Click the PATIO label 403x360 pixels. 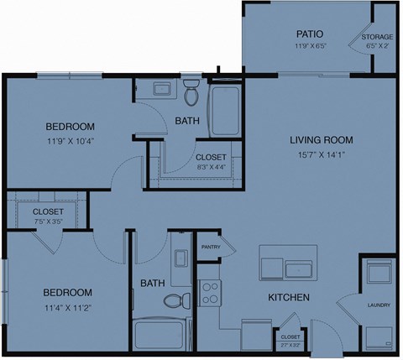click(304, 34)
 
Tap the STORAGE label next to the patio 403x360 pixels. click(378, 38)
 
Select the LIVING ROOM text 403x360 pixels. click(321, 139)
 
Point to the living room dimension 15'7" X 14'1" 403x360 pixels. click(321, 154)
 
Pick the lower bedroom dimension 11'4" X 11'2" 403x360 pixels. click(67, 307)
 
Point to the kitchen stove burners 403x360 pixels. click(211, 294)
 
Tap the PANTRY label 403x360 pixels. click(210, 247)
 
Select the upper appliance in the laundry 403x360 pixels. click(379, 274)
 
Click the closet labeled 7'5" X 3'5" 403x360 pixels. click(48, 215)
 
